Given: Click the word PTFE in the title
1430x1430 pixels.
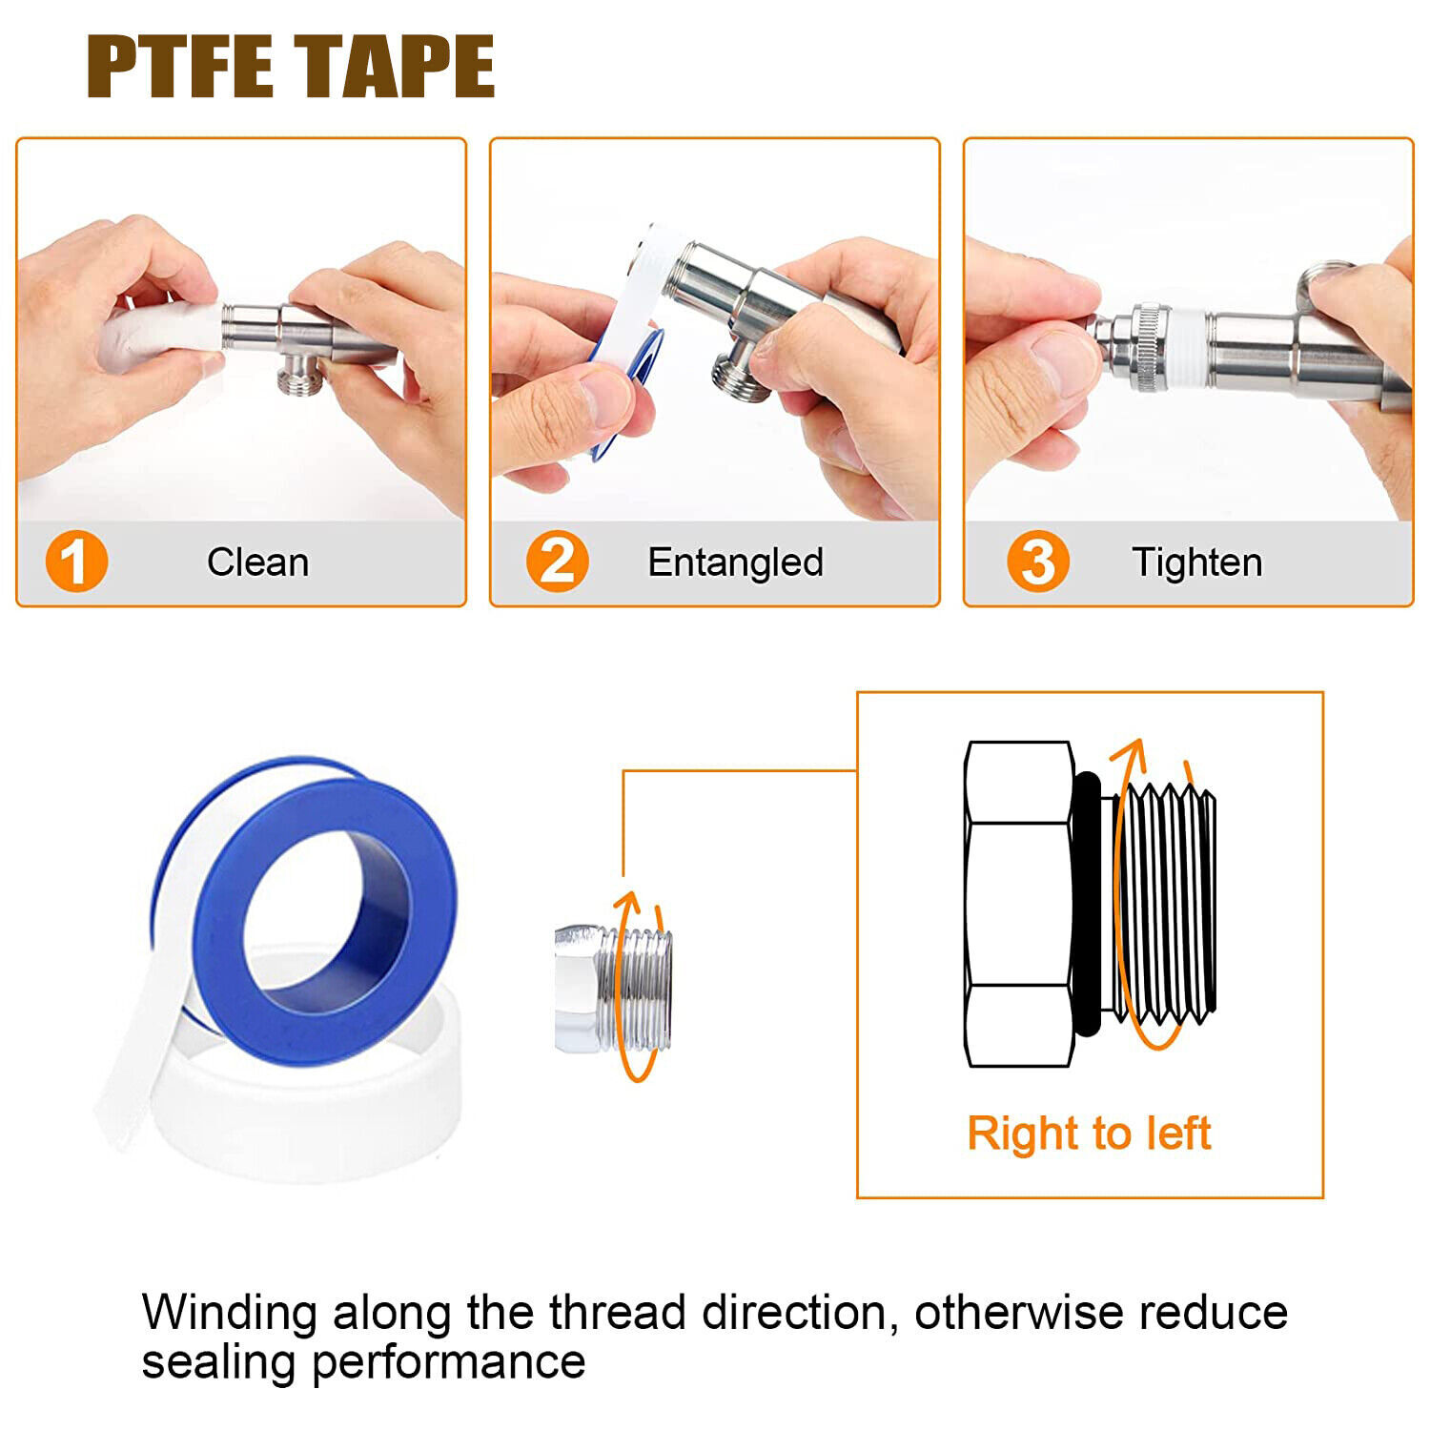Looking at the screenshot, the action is tap(180, 66).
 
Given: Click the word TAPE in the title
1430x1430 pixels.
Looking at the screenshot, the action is tap(394, 66).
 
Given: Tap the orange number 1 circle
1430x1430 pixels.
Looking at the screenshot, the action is tap(76, 562).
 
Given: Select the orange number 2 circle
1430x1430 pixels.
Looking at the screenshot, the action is tap(557, 562).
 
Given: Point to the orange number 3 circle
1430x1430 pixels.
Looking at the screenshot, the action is tap(1038, 562).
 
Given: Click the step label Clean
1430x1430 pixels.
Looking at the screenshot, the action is tap(258, 562).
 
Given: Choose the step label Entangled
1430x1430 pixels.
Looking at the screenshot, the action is tap(735, 563).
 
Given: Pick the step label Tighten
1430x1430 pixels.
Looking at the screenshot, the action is tap(1197, 563).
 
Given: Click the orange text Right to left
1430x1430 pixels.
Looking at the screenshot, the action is tap(1089, 1134).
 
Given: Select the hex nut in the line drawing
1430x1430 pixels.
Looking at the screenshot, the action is tap(1019, 904).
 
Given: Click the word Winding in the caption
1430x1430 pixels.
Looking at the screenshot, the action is tap(229, 1314).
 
